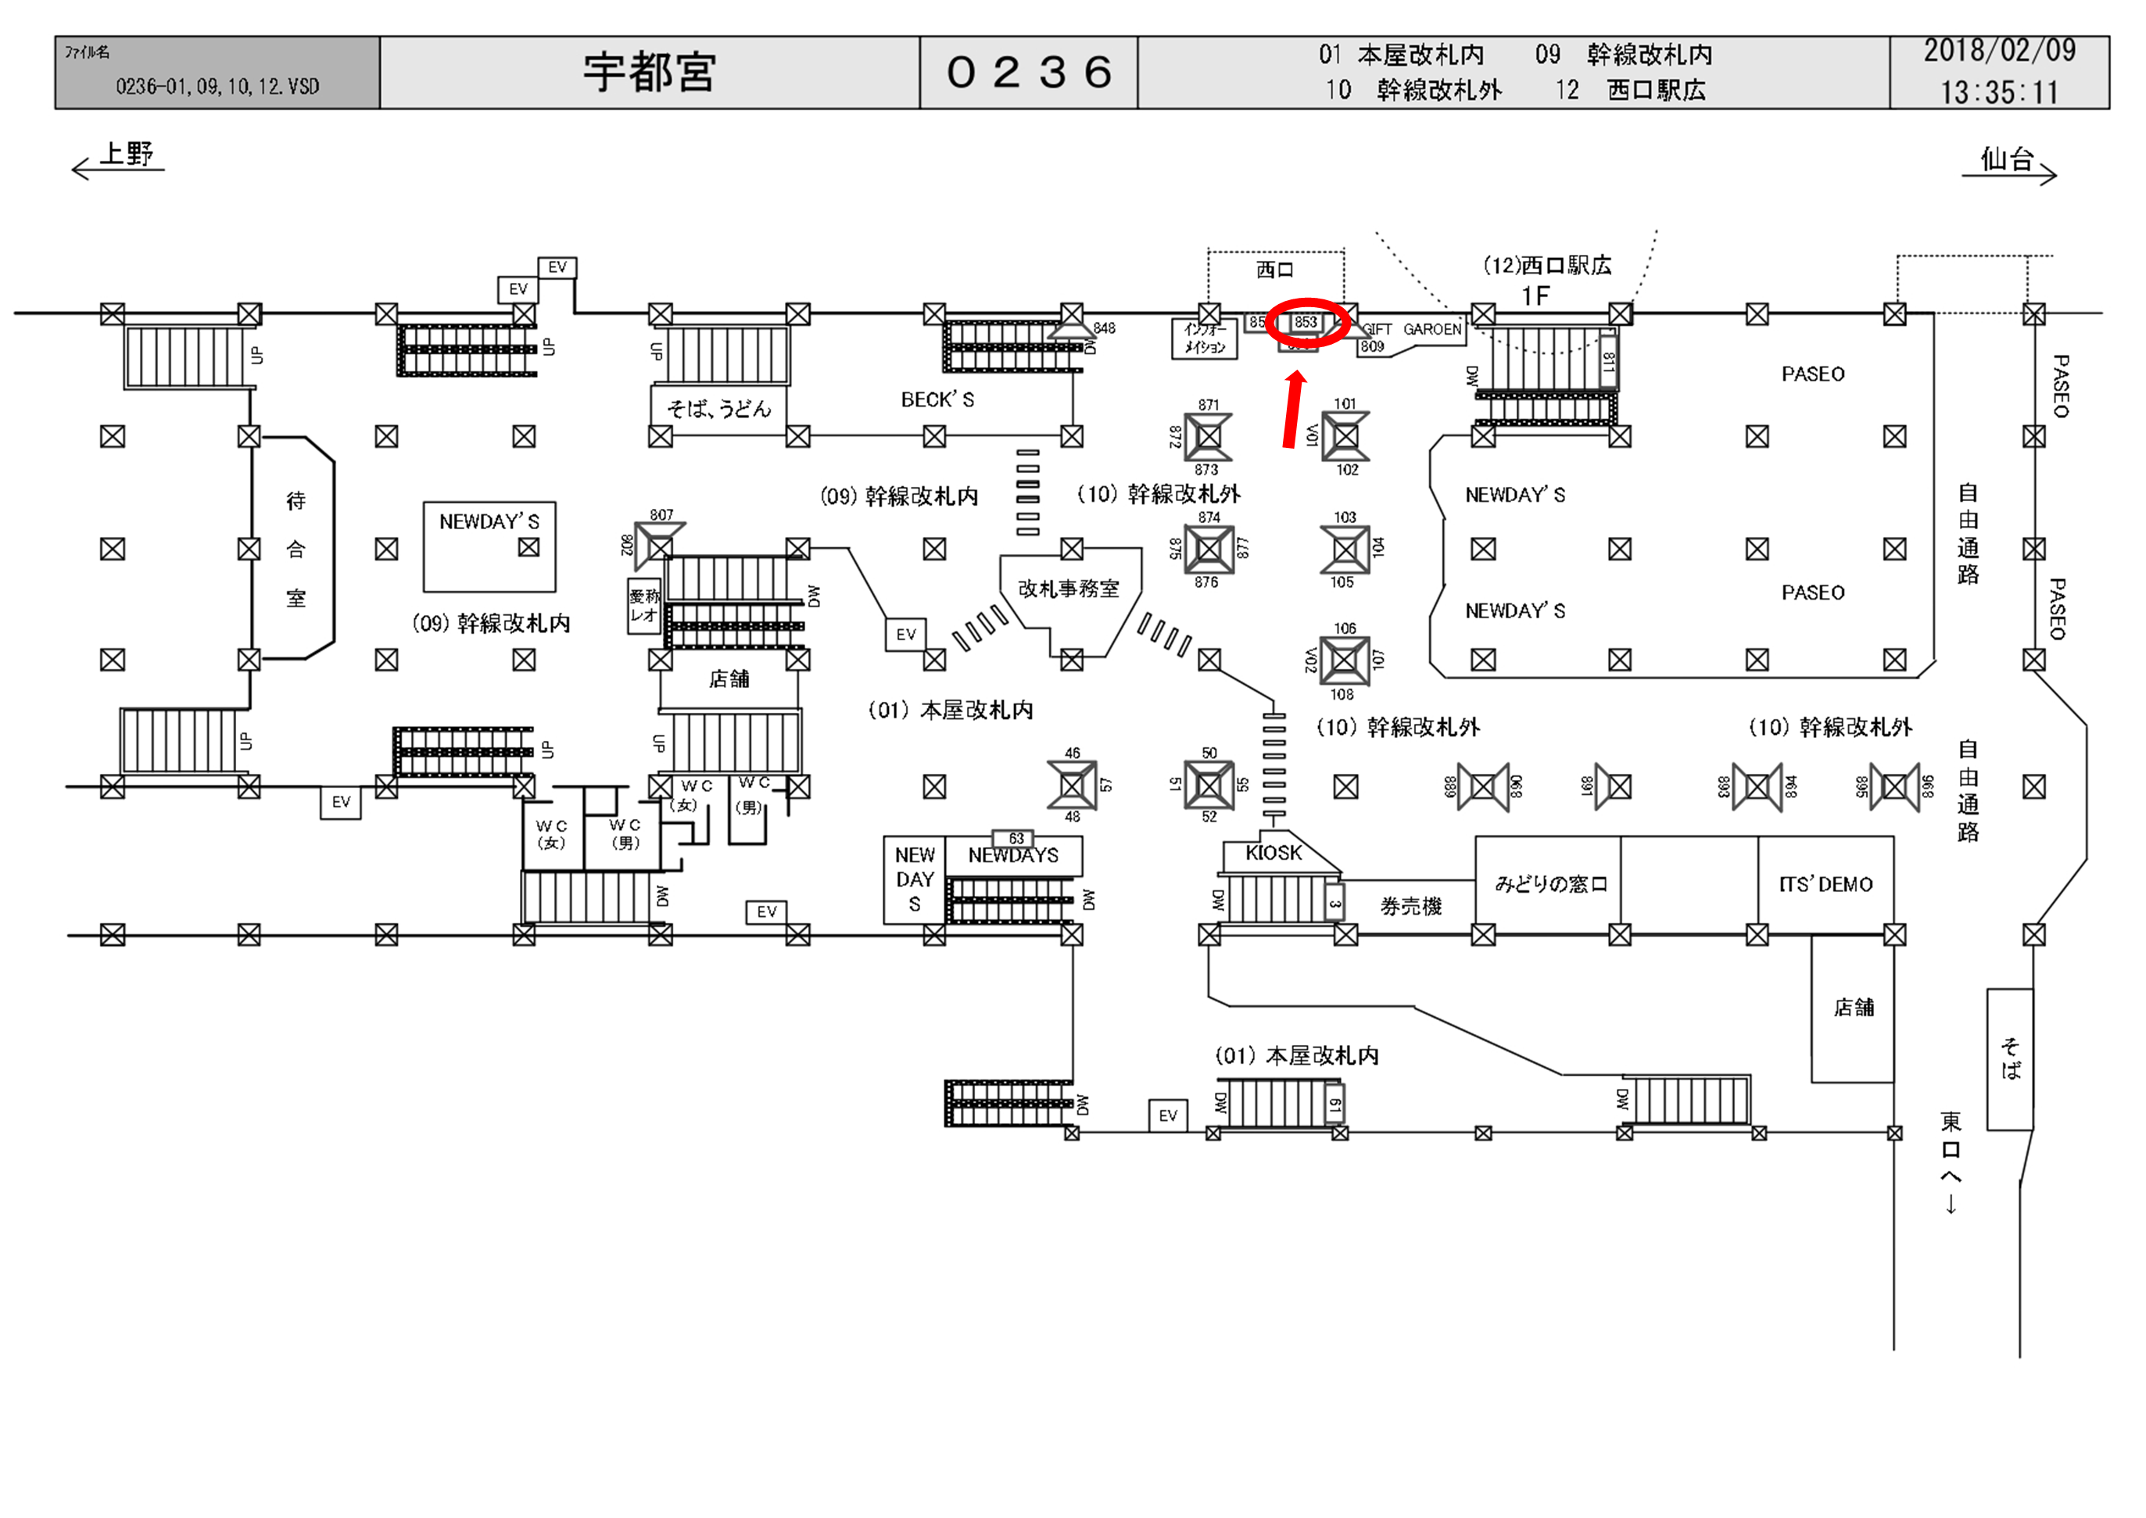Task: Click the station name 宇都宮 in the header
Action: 649,72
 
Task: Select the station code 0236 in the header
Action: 1028,72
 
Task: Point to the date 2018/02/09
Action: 1998,51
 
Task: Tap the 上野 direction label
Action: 126,154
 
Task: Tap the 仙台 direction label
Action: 2007,159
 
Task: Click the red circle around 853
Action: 1306,323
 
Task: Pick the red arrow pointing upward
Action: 1292,410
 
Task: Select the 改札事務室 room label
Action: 1069,589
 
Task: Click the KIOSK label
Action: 1273,853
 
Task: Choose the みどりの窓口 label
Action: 1550,883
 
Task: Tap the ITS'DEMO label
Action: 1825,884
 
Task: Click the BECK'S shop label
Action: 937,400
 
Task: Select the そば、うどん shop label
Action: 718,409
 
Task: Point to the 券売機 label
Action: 1410,906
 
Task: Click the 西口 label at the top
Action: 1275,270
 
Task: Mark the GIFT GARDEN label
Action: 1411,330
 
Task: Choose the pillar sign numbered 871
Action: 1209,405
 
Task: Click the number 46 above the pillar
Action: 1072,753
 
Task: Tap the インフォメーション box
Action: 1205,338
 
